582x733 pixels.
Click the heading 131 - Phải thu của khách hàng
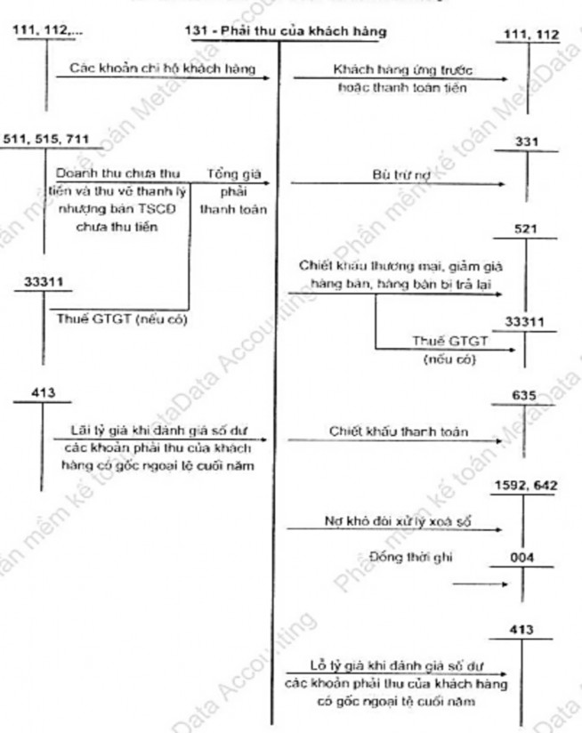click(287, 32)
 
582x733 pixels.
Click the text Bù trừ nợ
click(392, 176)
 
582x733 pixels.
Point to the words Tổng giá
click(228, 173)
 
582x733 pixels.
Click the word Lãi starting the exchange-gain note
click(82, 431)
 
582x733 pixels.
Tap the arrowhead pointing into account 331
click(505, 185)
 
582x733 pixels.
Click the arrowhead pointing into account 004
click(505, 585)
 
